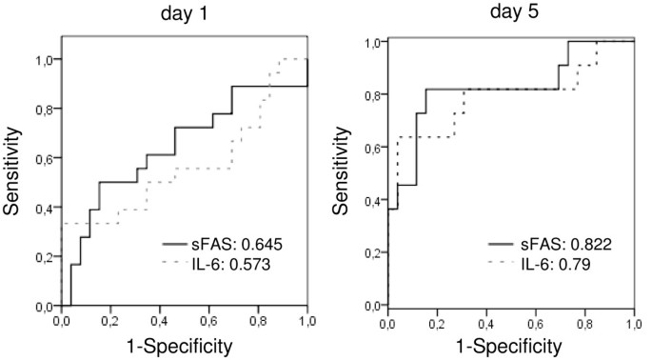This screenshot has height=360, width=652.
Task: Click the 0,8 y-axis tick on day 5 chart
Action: [374, 94]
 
